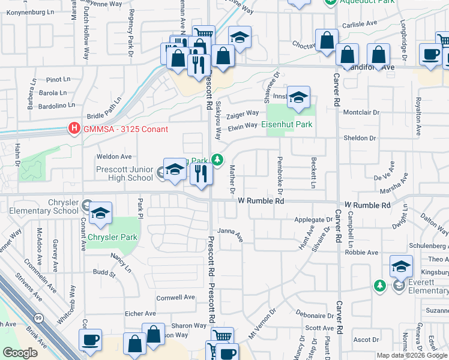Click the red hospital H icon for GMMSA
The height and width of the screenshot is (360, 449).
(x=74, y=128)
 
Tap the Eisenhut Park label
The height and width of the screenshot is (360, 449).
(x=287, y=125)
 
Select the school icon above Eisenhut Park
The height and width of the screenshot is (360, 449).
(x=298, y=98)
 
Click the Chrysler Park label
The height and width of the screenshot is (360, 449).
(x=112, y=237)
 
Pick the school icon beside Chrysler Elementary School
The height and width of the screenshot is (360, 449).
(x=100, y=214)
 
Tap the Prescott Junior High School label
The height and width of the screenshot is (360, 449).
(x=124, y=173)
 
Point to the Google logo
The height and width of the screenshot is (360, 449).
(x=20, y=353)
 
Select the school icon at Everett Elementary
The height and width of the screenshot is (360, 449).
(x=400, y=267)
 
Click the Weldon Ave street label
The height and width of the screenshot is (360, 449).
(x=114, y=157)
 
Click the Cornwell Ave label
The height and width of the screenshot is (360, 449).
(x=176, y=297)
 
